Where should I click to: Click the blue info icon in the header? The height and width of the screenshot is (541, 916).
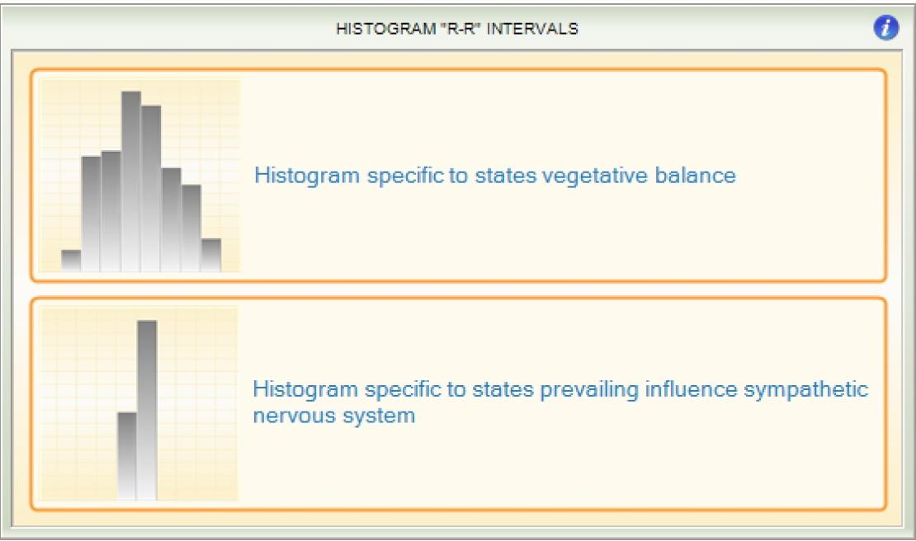[x=885, y=28]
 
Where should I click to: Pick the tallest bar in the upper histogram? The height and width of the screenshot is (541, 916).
[x=131, y=181]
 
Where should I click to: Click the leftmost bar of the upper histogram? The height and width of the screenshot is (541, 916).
[x=71, y=261]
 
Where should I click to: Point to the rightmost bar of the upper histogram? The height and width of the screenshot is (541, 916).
[x=211, y=256]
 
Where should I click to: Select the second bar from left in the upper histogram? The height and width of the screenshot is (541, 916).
[x=92, y=214]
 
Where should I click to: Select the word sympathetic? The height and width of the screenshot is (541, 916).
[x=808, y=389]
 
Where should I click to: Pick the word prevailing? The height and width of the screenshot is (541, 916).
[x=580, y=389]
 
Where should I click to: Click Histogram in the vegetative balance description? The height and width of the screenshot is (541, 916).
[x=298, y=176]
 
